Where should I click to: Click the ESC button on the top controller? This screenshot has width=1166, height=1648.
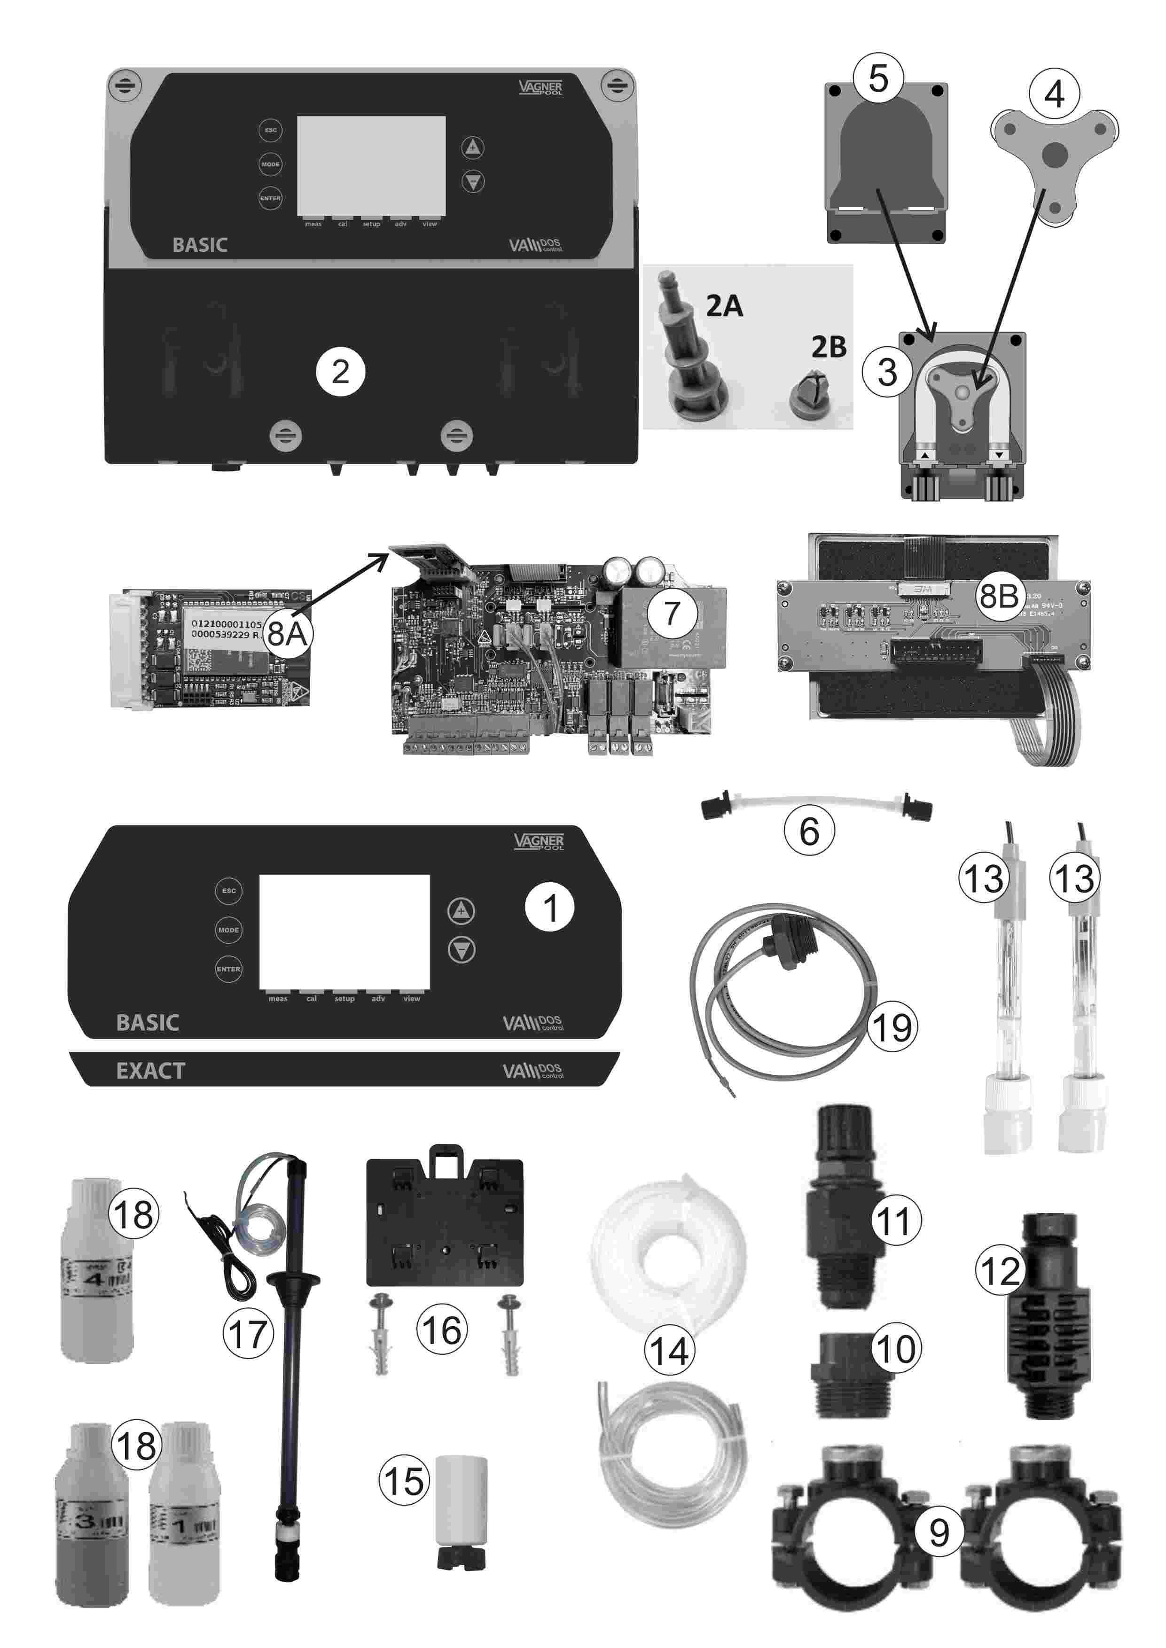click(x=271, y=130)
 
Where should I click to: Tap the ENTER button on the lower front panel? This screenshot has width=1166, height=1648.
click(x=228, y=969)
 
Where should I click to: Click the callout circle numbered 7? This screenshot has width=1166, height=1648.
click(x=671, y=613)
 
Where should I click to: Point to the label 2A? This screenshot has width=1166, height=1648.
click(x=724, y=306)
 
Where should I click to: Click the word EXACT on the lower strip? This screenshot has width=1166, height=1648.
click(x=151, y=1071)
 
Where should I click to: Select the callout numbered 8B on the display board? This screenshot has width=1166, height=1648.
click(x=999, y=596)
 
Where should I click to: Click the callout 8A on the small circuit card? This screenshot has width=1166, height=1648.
click(x=287, y=633)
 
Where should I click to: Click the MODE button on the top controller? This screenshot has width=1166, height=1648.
click(x=271, y=164)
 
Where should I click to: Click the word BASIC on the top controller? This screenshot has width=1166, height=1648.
click(x=200, y=245)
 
